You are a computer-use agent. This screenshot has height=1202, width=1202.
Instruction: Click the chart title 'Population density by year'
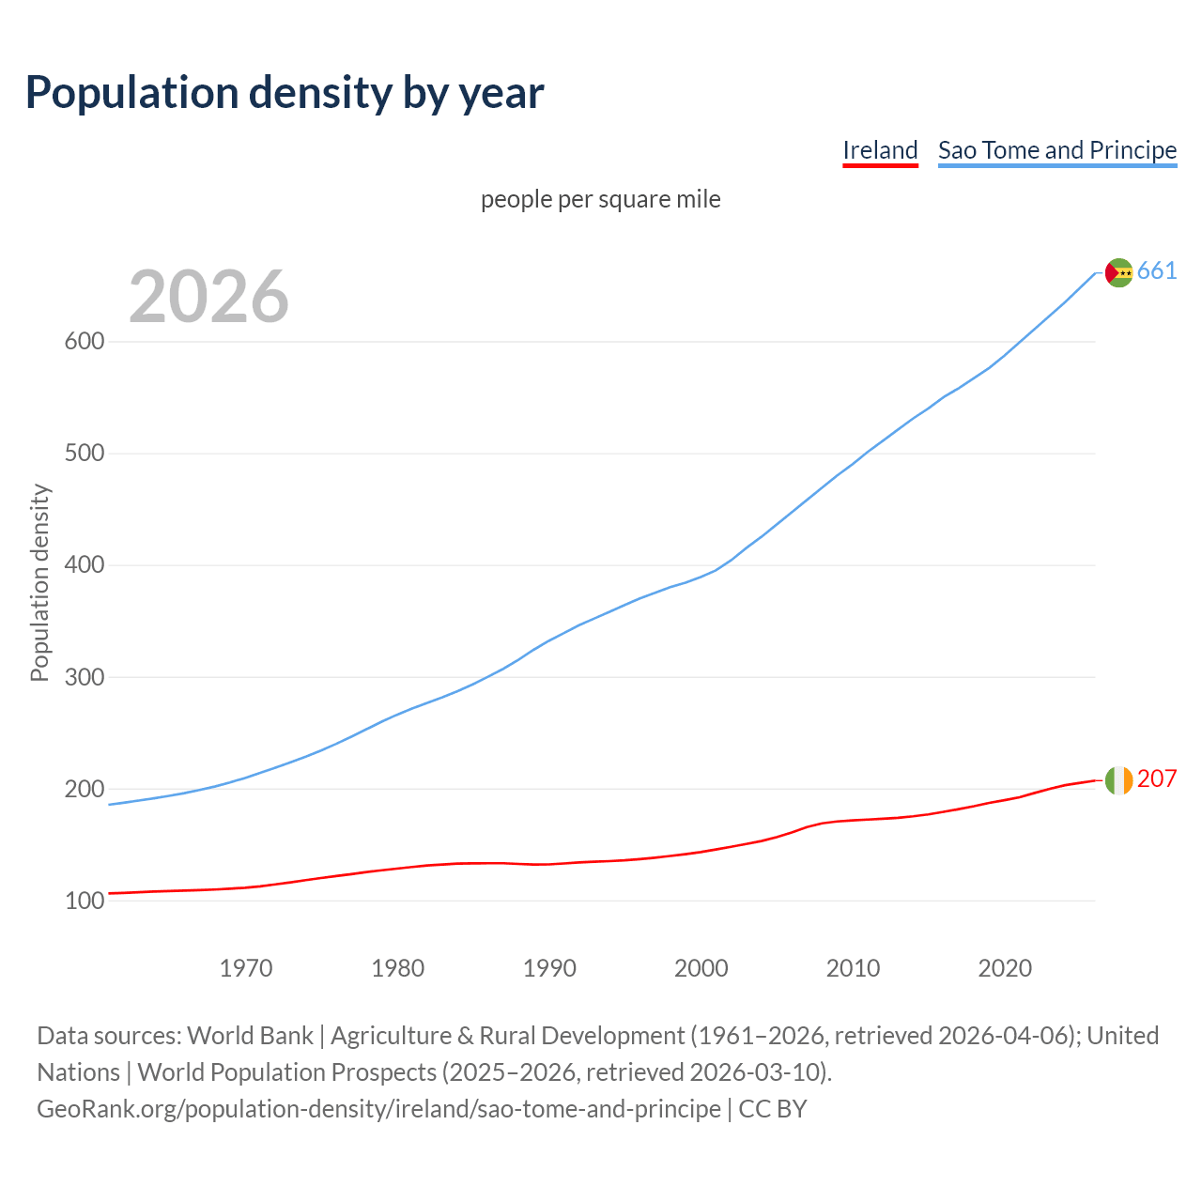[285, 93]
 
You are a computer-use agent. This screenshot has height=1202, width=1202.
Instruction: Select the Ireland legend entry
[880, 150]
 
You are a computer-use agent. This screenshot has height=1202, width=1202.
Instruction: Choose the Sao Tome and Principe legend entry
[1057, 150]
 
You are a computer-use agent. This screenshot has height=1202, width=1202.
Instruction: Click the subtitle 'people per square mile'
[601, 200]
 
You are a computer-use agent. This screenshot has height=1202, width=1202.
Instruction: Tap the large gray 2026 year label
[208, 297]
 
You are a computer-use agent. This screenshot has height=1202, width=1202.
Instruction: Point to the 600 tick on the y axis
[84, 342]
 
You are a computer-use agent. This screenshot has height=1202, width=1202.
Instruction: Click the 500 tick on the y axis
[84, 454]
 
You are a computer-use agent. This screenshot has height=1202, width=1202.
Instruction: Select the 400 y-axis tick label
[84, 565]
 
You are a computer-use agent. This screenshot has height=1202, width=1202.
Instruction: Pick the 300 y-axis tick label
[84, 677]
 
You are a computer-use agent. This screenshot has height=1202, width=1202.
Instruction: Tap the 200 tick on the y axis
[84, 789]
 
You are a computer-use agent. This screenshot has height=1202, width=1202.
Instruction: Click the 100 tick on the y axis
[84, 901]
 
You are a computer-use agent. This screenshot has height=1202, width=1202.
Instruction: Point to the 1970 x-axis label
[246, 968]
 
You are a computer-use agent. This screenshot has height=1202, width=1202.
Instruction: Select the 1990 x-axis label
[549, 968]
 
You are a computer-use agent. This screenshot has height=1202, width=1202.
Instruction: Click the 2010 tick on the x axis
[853, 968]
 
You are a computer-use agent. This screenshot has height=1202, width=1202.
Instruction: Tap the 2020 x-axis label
[1005, 968]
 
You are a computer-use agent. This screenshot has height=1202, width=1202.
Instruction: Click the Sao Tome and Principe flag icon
[1118, 272]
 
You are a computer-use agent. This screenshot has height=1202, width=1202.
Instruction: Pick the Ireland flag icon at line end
[1118, 779]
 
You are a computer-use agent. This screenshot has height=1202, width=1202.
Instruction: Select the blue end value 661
[1157, 271]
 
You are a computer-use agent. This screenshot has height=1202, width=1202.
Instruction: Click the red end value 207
[1157, 779]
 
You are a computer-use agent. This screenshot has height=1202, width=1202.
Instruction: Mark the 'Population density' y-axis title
[39, 582]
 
